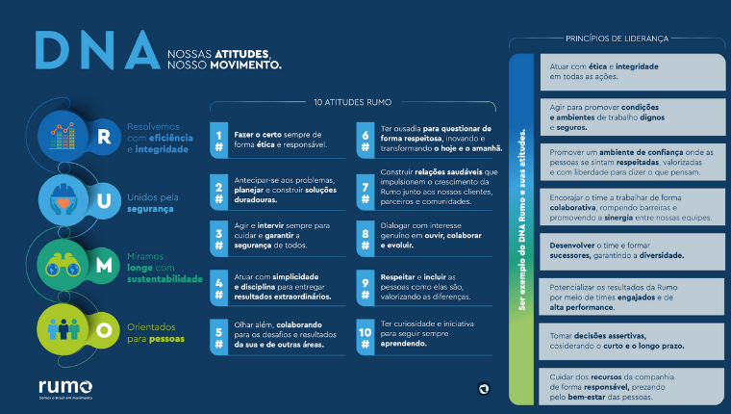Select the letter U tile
pyautogui.click(x=104, y=196)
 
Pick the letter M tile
pyautogui.click(x=104, y=262)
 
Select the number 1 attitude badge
pyautogui.click(x=219, y=140)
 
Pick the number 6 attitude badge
pyautogui.click(x=365, y=140)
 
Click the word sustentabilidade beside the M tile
pyautogui.click(x=164, y=279)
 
